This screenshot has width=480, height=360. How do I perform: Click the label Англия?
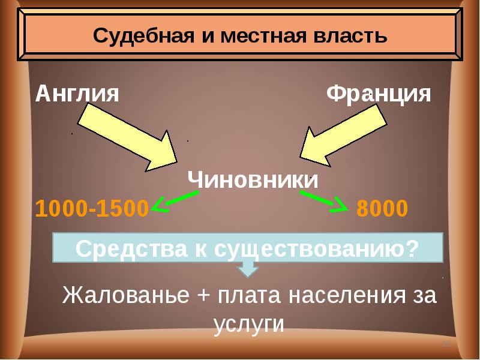(77, 94)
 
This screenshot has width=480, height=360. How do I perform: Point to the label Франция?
(379, 94)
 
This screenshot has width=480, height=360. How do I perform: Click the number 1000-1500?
(92, 208)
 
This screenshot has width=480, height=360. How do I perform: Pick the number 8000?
(382, 208)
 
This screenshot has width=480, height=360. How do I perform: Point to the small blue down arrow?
(247, 269)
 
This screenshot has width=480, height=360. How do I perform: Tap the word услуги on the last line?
(248, 324)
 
